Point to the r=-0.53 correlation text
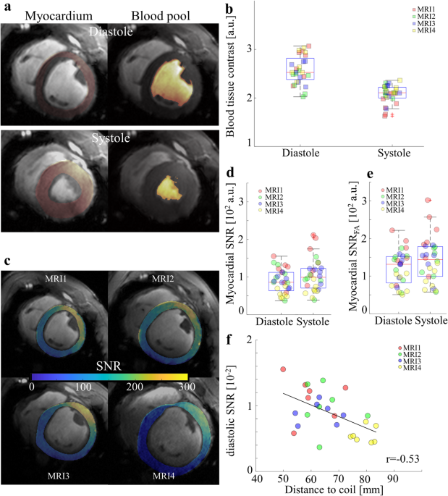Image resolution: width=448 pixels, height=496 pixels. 400,459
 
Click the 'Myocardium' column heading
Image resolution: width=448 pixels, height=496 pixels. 53,14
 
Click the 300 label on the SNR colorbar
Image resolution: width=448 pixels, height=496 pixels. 187,388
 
